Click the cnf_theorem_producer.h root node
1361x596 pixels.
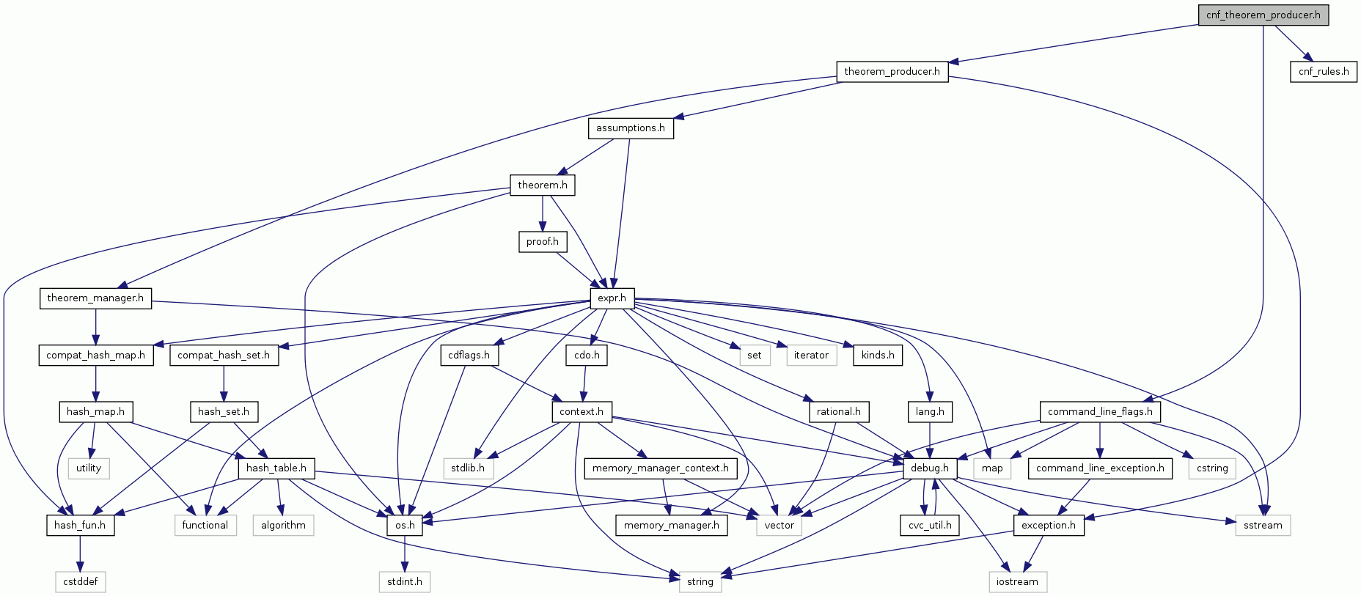pos(1263,15)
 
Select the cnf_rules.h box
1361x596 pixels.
pos(1323,72)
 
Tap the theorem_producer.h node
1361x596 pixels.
pos(892,72)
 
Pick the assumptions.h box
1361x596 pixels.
pos(630,128)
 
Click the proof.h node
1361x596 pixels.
pos(542,242)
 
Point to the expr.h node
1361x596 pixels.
pos(612,298)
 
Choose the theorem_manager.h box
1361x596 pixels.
pos(95,298)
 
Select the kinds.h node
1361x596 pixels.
pos(877,356)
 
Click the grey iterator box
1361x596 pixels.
pos(810,356)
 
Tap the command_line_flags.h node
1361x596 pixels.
pos(1099,412)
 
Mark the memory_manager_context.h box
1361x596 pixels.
pos(660,468)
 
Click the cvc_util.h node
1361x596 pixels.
pos(929,526)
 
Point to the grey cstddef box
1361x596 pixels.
pos(81,582)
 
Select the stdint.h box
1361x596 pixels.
pos(404,582)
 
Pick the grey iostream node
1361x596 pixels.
pos(1016,582)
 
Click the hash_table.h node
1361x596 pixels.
pos(276,468)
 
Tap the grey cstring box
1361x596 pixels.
pos(1211,468)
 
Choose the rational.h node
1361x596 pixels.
pos(838,412)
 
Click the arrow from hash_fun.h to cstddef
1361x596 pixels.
pos(80,553)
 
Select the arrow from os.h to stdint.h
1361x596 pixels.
pos(404,553)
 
